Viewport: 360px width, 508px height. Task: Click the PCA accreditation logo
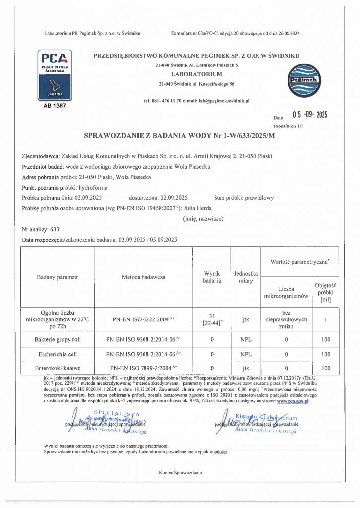pyautogui.click(x=55, y=75)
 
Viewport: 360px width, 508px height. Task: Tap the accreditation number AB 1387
pyautogui.click(x=55, y=106)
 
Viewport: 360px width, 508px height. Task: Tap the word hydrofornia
pyautogui.click(x=92, y=188)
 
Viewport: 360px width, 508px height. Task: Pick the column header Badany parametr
pyautogui.click(x=58, y=277)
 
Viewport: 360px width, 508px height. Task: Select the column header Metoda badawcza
pyautogui.click(x=144, y=277)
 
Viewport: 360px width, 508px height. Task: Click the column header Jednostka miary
pyautogui.click(x=246, y=277)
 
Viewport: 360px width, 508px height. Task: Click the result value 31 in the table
pyautogui.click(x=212, y=316)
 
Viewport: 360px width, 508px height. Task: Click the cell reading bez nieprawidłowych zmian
pyautogui.click(x=286, y=320)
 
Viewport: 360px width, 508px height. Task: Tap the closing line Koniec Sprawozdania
pyautogui.click(x=180, y=473)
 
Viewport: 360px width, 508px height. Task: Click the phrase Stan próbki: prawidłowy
pyautogui.click(x=244, y=198)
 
